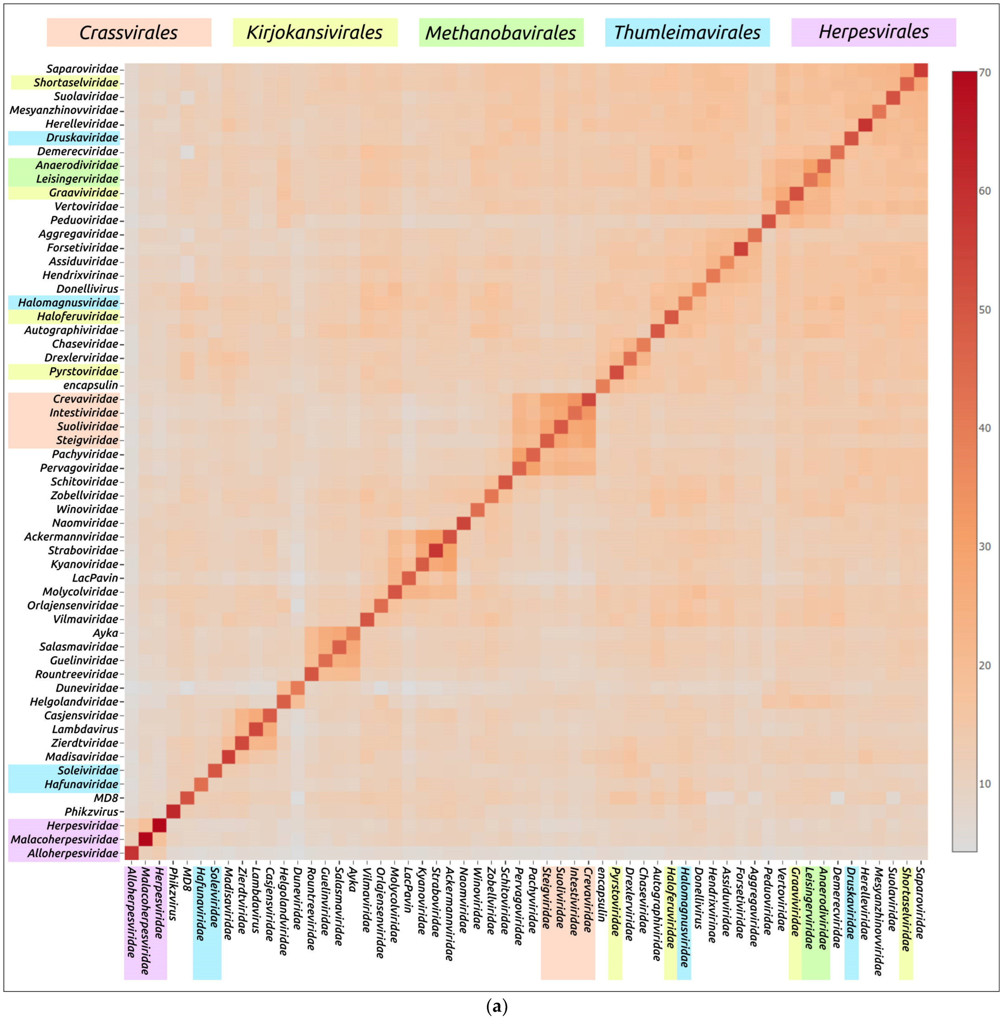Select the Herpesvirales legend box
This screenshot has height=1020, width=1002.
click(874, 32)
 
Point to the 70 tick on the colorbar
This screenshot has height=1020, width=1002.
click(984, 73)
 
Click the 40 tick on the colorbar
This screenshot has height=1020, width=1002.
click(984, 428)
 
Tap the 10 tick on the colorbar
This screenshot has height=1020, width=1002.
click(984, 784)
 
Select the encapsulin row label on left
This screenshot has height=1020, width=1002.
click(90, 385)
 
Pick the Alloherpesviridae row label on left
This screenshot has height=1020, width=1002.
click(73, 853)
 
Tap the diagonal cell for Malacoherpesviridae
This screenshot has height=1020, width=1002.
click(145, 839)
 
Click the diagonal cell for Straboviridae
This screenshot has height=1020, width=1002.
click(435, 550)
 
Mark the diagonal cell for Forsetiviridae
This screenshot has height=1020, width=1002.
click(740, 248)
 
